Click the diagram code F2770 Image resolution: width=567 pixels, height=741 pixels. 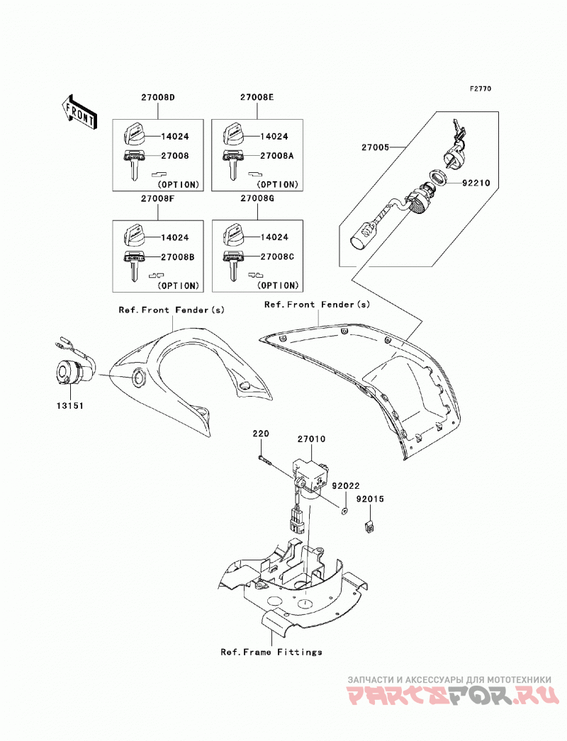481,89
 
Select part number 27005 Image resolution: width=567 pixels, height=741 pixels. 376,147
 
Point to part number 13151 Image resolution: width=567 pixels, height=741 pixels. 70,405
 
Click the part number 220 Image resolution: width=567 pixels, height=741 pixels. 261,434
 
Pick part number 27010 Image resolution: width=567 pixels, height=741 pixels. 312,439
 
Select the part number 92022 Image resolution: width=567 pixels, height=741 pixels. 346,486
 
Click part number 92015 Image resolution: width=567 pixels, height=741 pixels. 370,499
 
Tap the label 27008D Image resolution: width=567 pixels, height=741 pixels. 158,98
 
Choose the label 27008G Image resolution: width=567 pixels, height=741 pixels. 257,198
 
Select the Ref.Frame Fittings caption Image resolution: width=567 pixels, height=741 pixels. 271,652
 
